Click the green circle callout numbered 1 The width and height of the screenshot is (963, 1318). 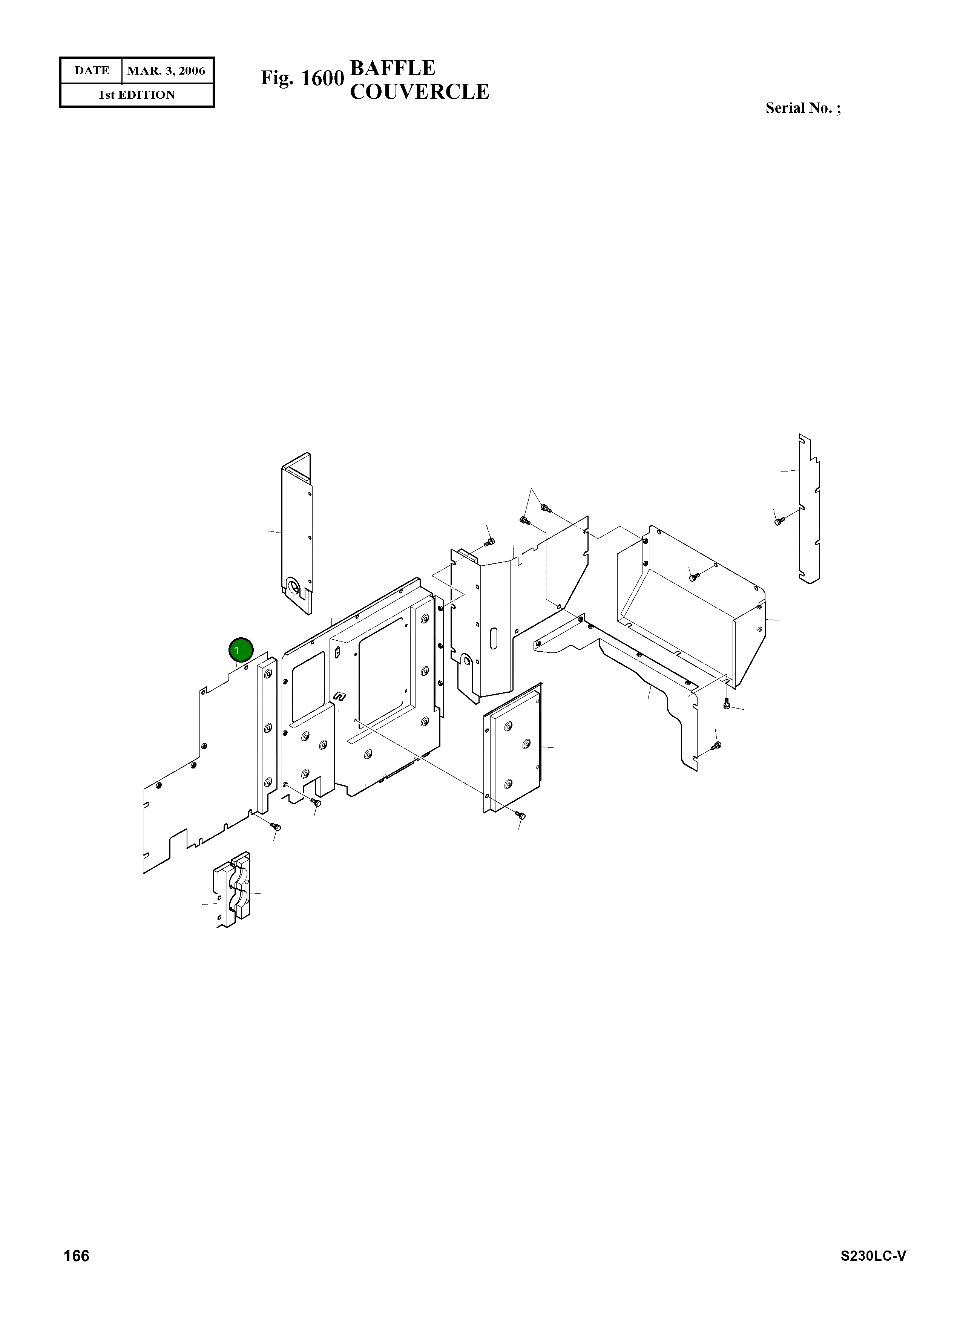tap(241, 650)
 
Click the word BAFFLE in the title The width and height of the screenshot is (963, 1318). tap(392, 69)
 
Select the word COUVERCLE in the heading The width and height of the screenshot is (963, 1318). tap(419, 92)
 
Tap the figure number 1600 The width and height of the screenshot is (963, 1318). tap(319, 78)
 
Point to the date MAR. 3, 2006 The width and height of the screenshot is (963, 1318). tap(166, 71)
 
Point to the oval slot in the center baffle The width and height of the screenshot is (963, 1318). tap(494, 638)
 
